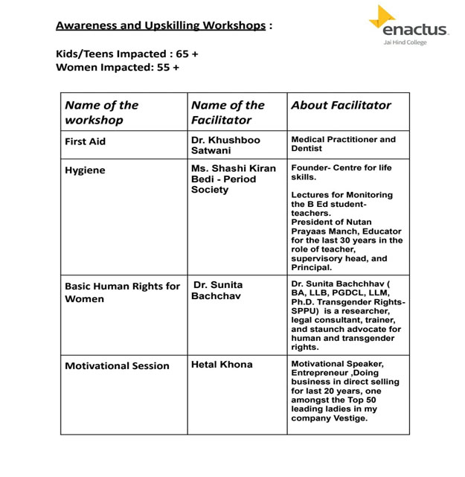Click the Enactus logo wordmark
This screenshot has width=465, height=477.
pyautogui.click(x=415, y=31)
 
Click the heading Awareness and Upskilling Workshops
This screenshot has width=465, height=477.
pyautogui.click(x=161, y=25)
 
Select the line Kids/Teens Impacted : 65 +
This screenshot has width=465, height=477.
pyautogui.click(x=127, y=54)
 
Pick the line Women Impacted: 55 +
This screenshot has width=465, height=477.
pyautogui.click(x=118, y=68)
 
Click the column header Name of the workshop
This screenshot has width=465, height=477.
pyautogui.click(x=101, y=112)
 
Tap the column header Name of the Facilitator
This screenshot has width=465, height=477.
pyautogui.click(x=228, y=112)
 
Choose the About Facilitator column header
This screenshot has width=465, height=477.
pyautogui.click(x=341, y=105)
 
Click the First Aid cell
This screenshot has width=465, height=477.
pyautogui.click(x=86, y=141)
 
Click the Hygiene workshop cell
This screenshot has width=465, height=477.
pyautogui.click(x=85, y=170)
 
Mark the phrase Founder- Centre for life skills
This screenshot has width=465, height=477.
pyautogui.click(x=341, y=173)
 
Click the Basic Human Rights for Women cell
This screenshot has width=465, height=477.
pyautogui.click(x=122, y=292)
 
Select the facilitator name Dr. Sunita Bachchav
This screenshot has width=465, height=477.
pyautogui.click(x=217, y=290)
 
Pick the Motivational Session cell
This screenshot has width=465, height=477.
pyautogui.click(x=117, y=366)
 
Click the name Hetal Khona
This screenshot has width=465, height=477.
pyautogui.click(x=222, y=365)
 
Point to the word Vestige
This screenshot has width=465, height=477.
pyautogui.click(x=352, y=418)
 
